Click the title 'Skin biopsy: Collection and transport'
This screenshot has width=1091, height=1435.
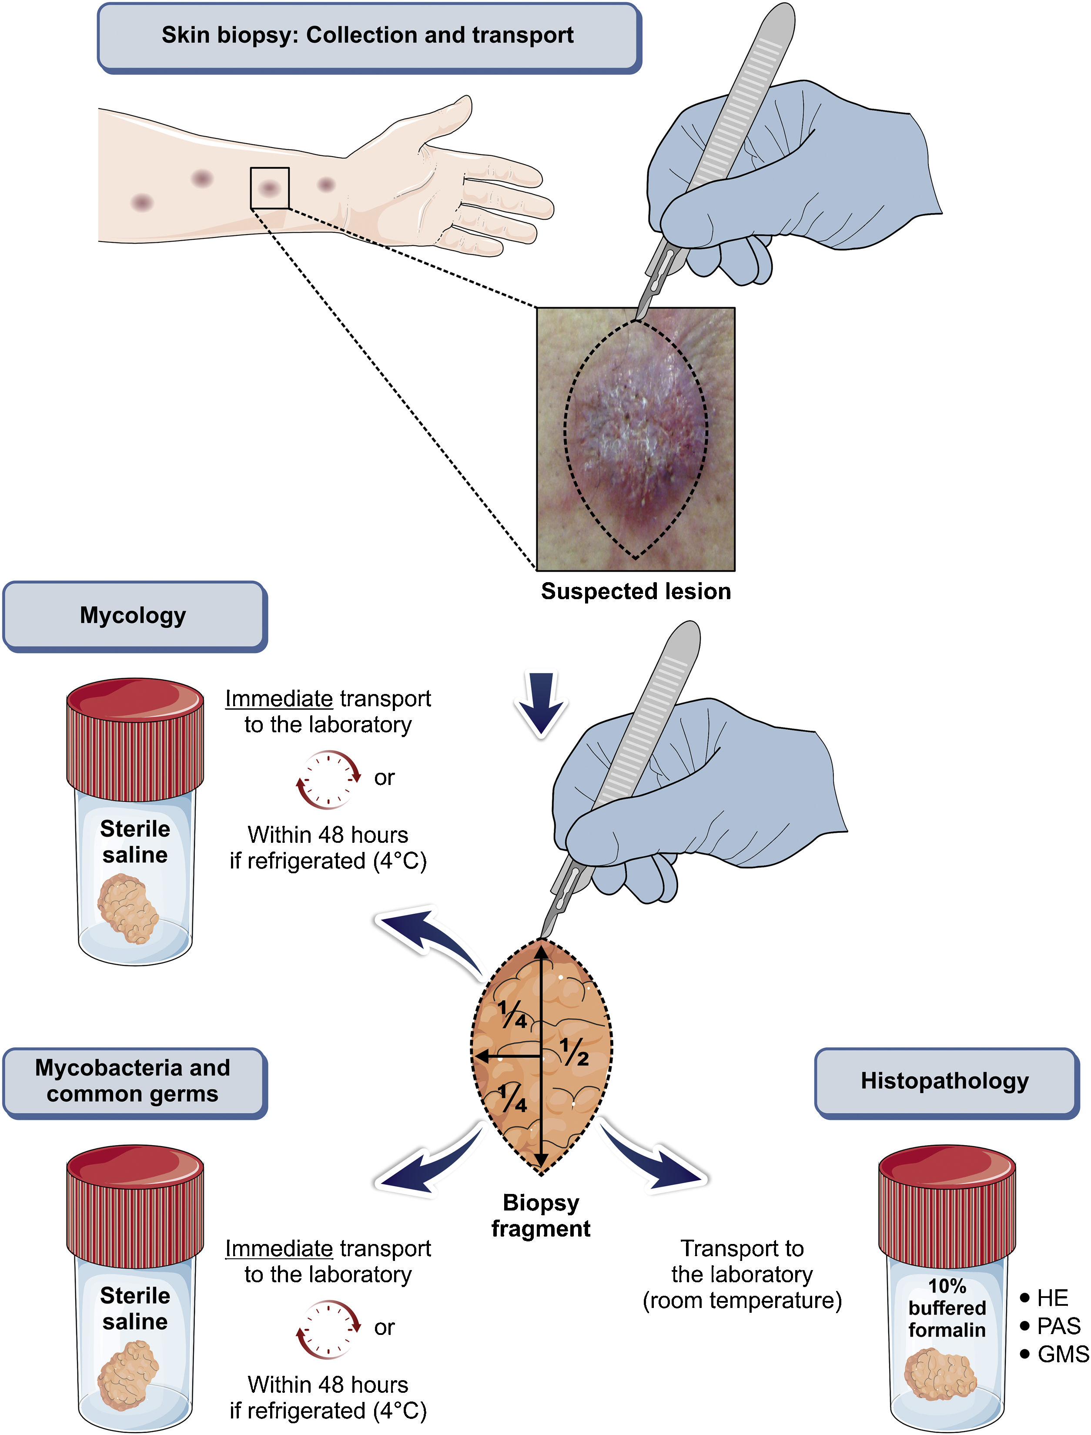tap(368, 35)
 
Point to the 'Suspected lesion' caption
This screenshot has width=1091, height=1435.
tap(636, 591)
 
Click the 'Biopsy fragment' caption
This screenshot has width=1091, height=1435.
tap(540, 1215)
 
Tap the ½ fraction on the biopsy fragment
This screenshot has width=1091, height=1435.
tap(574, 1052)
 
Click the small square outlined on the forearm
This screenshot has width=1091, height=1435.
tap(270, 188)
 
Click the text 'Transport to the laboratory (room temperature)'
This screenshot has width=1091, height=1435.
tap(742, 1274)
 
